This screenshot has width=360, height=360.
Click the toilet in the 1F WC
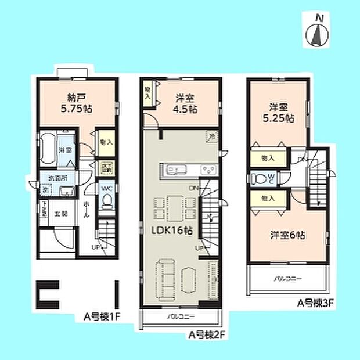(106, 200)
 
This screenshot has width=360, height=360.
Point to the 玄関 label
(60, 214)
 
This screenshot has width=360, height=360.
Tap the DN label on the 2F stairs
(193, 187)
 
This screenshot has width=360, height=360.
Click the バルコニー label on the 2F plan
(179, 318)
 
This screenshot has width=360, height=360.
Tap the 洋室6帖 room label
(287, 235)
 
